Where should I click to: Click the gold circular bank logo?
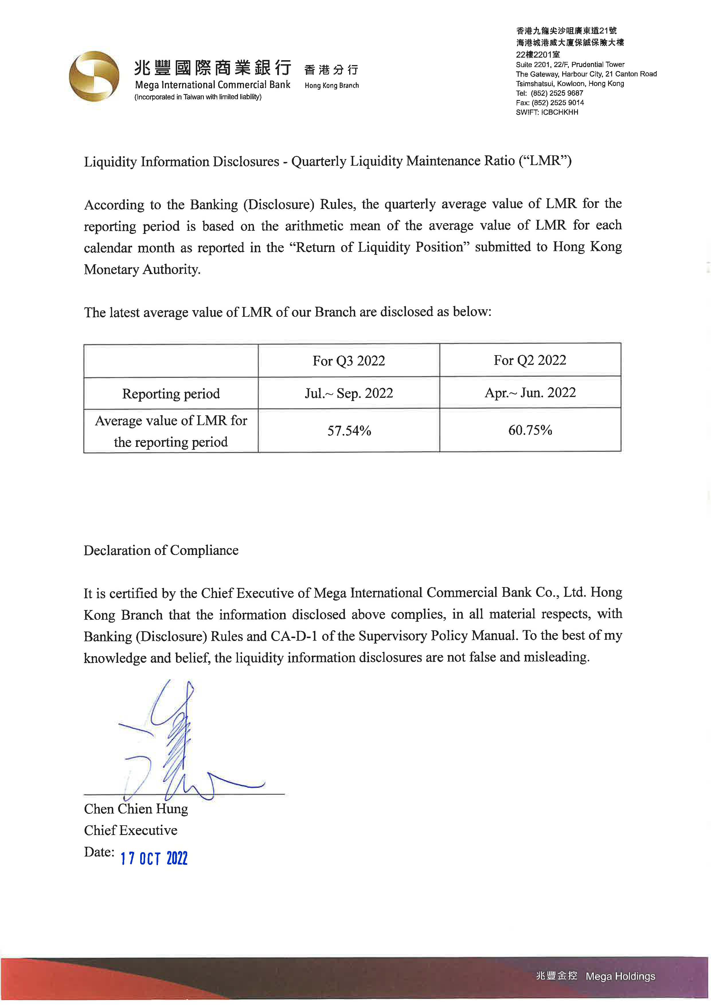(x=94, y=77)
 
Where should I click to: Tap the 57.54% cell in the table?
(x=349, y=431)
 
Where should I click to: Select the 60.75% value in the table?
(x=530, y=430)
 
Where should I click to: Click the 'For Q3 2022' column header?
(x=349, y=361)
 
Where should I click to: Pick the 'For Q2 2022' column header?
(x=530, y=360)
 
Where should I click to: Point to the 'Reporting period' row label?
(x=171, y=394)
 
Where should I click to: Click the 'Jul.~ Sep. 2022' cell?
(x=349, y=393)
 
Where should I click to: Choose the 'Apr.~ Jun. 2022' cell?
(x=530, y=392)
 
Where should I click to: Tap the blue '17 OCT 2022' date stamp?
(x=154, y=858)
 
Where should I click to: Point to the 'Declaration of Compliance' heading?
(x=161, y=550)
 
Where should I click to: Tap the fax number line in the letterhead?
(x=550, y=102)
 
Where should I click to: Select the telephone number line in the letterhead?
(x=550, y=93)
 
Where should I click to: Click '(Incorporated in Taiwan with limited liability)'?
(x=198, y=97)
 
